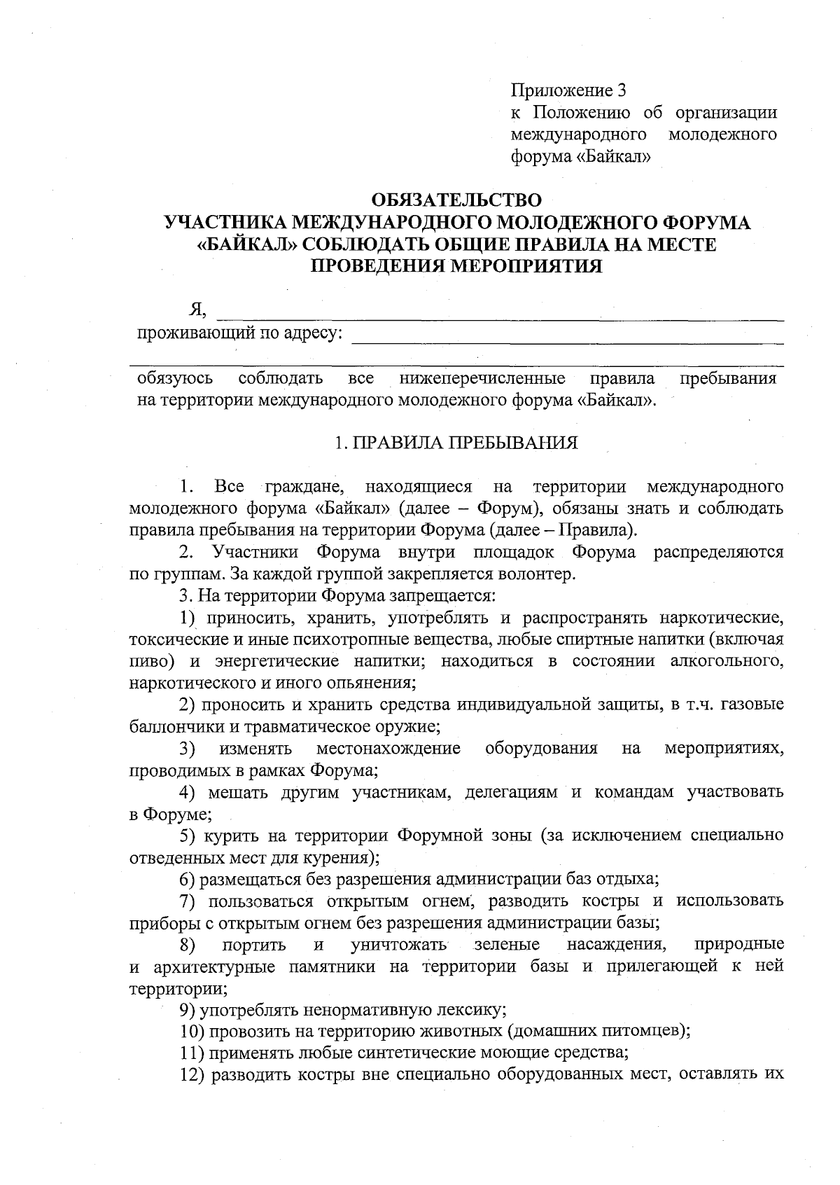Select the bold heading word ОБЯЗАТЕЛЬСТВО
(456, 201)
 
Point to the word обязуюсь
(175, 380)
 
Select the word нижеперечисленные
(482, 380)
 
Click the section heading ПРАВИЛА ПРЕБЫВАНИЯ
(465, 443)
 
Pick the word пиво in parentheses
(148, 662)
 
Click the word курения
(342, 858)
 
